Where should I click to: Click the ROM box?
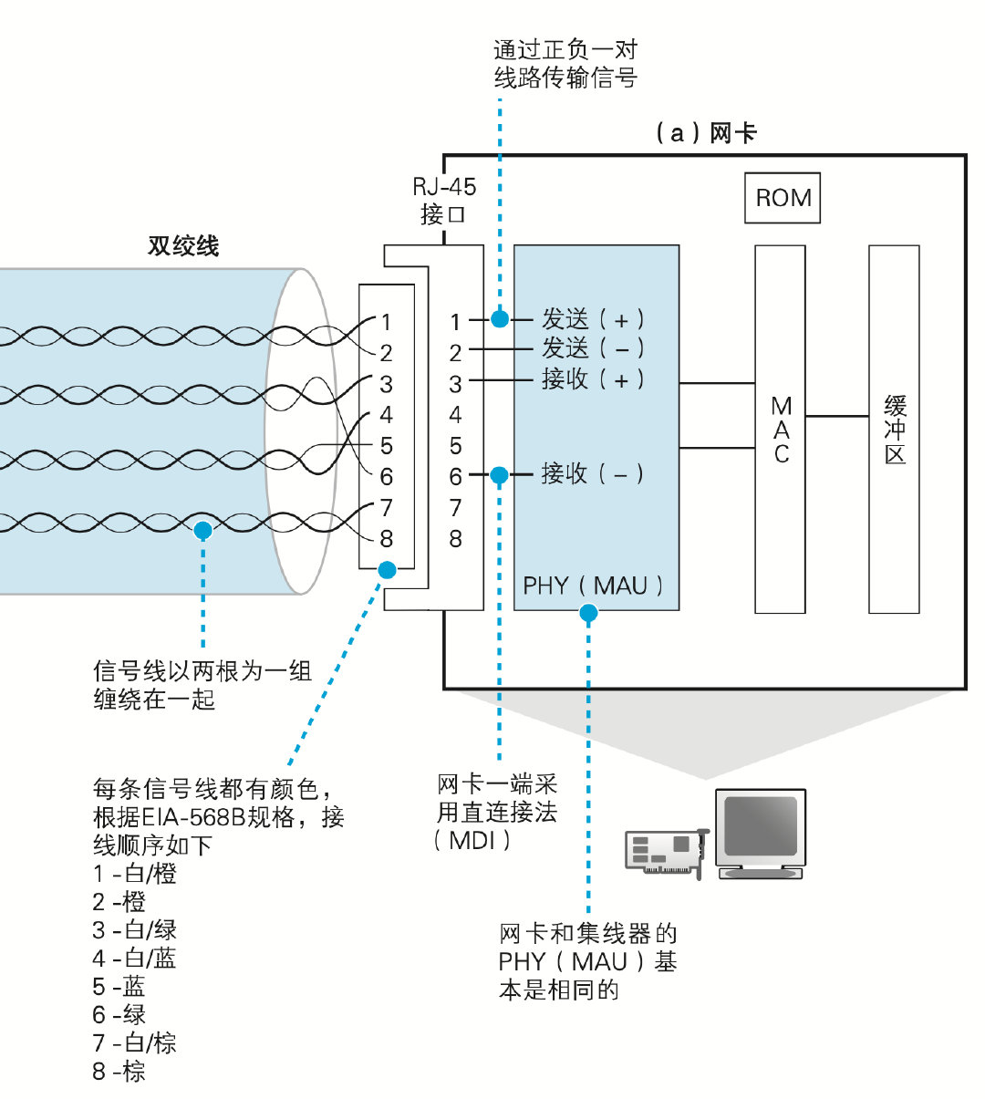[783, 198]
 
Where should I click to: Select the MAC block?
[780, 429]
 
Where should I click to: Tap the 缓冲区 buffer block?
[894, 429]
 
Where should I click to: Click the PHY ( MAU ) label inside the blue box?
[593, 586]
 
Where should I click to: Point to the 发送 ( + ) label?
[593, 319]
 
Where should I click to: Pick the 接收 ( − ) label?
[593, 473]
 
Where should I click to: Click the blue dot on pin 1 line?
[500, 318]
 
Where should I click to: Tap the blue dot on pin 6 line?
[499, 475]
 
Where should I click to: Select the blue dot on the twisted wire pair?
[202, 530]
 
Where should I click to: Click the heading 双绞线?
[183, 246]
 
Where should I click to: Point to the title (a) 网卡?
[706, 133]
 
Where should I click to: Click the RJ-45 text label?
[444, 187]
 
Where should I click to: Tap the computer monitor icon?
[761, 833]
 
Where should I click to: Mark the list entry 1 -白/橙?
[134, 874]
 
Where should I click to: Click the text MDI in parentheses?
[472, 840]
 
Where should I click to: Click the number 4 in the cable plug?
[387, 415]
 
